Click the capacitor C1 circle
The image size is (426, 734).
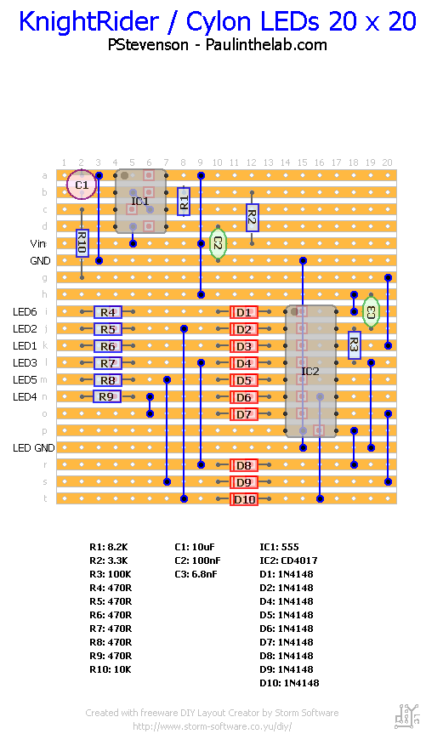(x=82, y=184)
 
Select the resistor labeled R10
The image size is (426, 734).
(x=82, y=243)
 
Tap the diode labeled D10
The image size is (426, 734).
(x=244, y=499)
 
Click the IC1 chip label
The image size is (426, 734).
(x=140, y=201)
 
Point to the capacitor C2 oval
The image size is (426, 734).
(x=218, y=243)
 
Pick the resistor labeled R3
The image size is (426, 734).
(x=354, y=344)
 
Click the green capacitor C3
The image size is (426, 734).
(x=370, y=312)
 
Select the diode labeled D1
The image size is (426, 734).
(x=244, y=312)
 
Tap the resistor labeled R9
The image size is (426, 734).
(x=106, y=396)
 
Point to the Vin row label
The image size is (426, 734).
(x=39, y=243)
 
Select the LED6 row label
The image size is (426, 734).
(x=26, y=312)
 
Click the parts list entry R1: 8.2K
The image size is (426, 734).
(x=109, y=547)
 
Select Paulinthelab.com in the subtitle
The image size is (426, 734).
(x=266, y=45)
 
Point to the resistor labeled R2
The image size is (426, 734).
(x=252, y=218)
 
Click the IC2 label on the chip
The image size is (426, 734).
(x=310, y=371)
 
